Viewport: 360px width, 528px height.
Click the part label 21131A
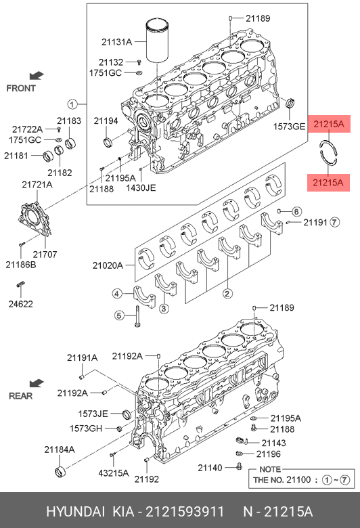116,42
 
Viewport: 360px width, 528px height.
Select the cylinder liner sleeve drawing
158,41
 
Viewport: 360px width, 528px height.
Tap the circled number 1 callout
72,104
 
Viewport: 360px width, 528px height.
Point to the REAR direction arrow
37,383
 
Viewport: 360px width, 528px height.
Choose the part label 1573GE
288,127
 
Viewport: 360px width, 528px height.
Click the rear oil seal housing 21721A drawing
35,218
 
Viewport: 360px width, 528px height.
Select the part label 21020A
108,265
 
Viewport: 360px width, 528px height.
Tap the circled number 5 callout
119,315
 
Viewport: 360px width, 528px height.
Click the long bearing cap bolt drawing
137,316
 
